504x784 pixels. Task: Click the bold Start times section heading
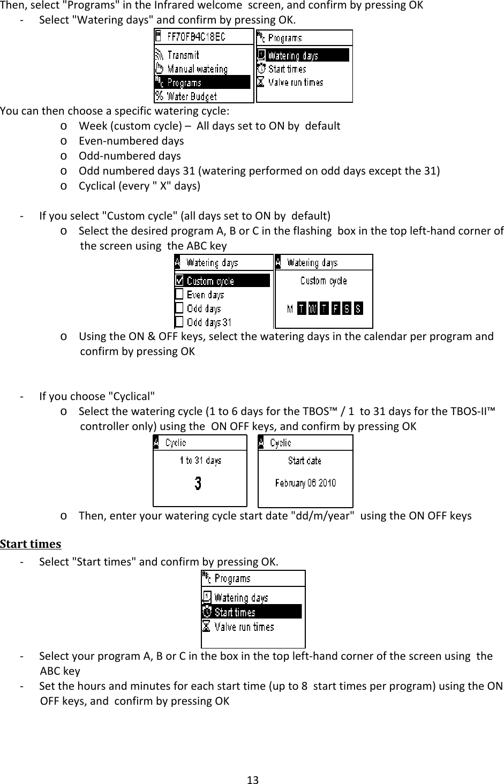click(x=31, y=544)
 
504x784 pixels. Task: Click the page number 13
click(x=252, y=779)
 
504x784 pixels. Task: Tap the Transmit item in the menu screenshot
click(x=183, y=55)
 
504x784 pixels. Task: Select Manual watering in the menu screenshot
click(x=197, y=69)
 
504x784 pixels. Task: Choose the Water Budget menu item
click(x=191, y=96)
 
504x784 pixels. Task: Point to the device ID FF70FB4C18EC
click(x=196, y=37)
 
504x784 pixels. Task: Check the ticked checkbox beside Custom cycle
click(x=179, y=281)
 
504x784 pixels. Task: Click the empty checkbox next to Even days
click(x=179, y=295)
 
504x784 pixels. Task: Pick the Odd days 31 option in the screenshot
click(x=208, y=322)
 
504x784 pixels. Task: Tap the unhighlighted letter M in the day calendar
click(x=290, y=309)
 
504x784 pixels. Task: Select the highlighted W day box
click(x=313, y=309)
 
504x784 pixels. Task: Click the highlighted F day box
click(x=336, y=309)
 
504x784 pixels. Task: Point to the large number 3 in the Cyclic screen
click(x=198, y=484)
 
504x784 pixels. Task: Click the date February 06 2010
click(x=305, y=483)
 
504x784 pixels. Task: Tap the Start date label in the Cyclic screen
click(x=305, y=461)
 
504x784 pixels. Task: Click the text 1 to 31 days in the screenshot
click(x=200, y=461)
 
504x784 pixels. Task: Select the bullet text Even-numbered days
click(x=131, y=141)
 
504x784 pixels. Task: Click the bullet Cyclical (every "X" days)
click(x=140, y=186)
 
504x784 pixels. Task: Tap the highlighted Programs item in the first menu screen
click(x=184, y=82)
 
